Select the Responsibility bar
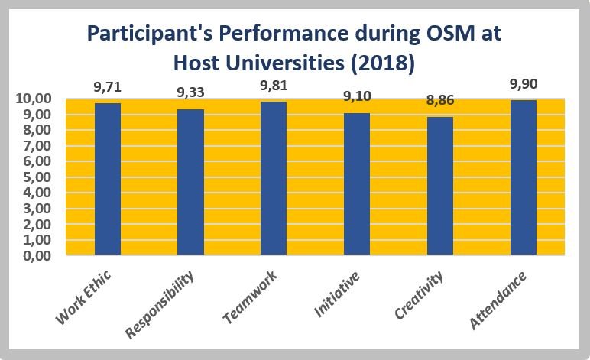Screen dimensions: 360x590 (190, 183)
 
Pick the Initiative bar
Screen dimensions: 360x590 (357, 184)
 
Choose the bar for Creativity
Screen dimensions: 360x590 (440, 186)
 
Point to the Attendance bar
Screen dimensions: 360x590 (524, 178)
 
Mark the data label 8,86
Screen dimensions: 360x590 (440, 102)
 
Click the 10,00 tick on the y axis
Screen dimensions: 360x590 (33, 99)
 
